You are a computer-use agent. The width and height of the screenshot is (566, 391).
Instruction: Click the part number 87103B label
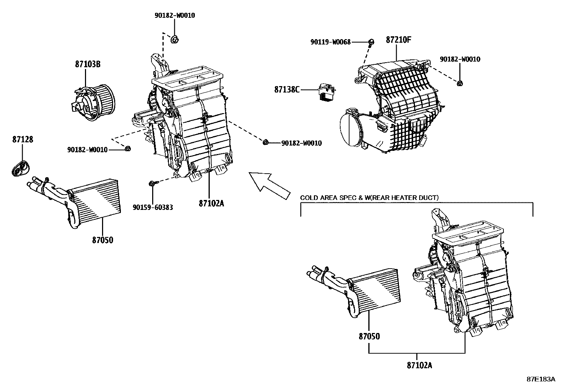[88, 64]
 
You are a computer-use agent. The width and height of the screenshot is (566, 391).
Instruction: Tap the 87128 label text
[22, 139]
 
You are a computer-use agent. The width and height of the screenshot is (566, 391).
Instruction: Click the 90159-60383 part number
[153, 207]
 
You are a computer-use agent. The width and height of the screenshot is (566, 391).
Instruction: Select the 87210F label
[398, 40]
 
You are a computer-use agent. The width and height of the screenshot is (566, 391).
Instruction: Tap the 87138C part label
[287, 90]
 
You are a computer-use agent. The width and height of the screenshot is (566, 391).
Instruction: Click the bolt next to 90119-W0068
[371, 42]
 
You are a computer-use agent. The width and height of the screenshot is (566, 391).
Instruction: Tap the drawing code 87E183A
[541, 379]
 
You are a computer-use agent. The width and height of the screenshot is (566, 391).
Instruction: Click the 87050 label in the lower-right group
[369, 336]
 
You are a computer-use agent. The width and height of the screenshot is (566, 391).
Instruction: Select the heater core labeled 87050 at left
[96, 201]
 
